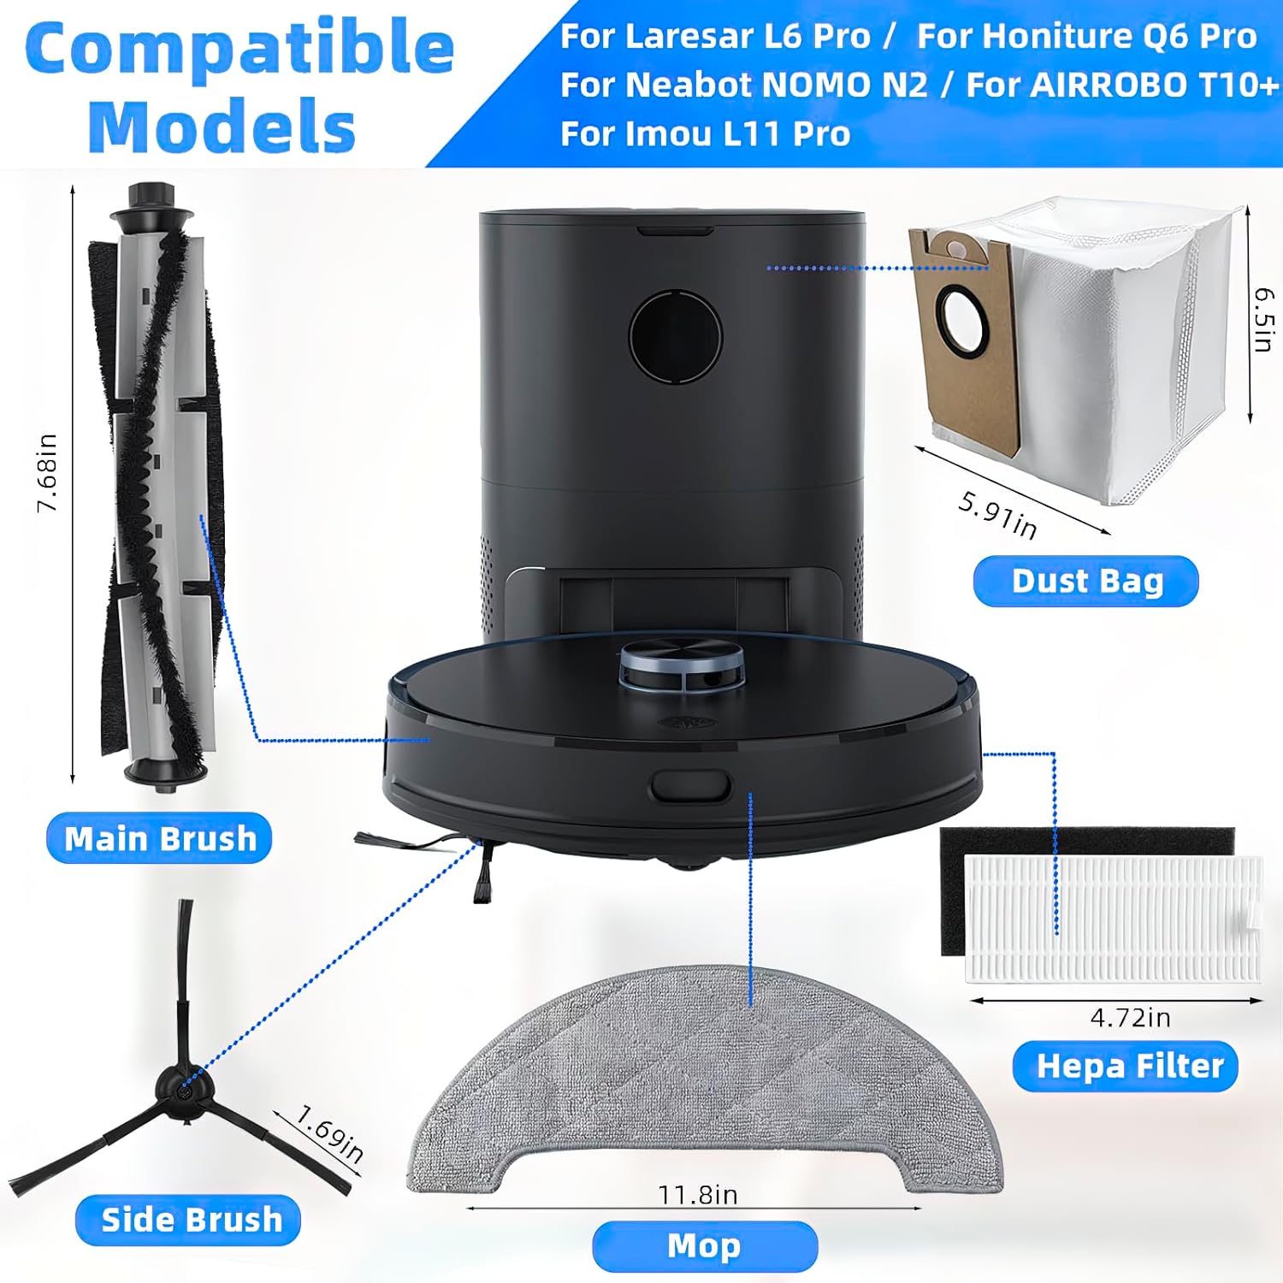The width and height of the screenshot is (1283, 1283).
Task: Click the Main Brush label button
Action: [x=159, y=838]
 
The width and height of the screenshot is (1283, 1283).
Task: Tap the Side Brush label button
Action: [x=188, y=1220]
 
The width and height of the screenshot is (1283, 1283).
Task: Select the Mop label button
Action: [x=705, y=1246]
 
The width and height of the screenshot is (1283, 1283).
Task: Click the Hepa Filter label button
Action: [x=1126, y=1067]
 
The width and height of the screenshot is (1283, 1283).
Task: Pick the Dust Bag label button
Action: [x=1086, y=581]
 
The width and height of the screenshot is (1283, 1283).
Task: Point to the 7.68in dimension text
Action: [x=47, y=473]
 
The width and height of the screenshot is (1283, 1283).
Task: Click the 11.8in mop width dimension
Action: [x=698, y=1194]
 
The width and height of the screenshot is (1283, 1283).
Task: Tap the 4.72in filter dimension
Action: [x=1131, y=1017]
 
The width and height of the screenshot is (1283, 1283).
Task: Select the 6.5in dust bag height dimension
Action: [x=1264, y=319]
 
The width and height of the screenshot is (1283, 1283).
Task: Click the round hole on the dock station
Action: [x=676, y=336]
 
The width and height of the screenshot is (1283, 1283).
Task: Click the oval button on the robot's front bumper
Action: [x=690, y=786]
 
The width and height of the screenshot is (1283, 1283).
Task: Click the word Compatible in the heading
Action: [x=239, y=48]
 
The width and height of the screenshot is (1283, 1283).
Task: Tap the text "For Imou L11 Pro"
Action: [x=705, y=134]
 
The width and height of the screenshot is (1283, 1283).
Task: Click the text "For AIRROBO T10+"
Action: [x=1122, y=86]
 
